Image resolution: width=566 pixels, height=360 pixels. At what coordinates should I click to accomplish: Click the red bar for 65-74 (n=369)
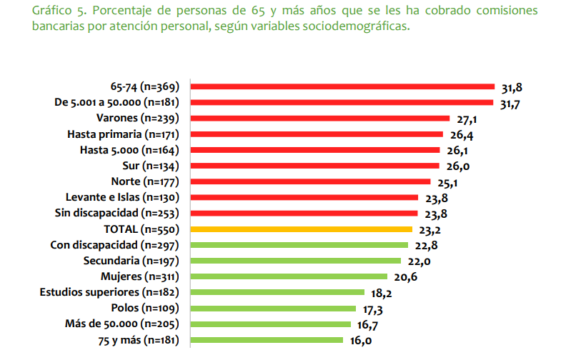(343, 86)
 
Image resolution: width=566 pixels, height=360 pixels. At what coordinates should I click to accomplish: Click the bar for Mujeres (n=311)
(289, 276)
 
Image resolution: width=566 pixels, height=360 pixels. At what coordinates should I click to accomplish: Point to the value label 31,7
(512, 105)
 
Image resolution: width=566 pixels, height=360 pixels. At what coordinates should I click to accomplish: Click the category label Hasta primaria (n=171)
(122, 134)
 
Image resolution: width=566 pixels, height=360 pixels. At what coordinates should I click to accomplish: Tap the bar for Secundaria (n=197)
(294, 261)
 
